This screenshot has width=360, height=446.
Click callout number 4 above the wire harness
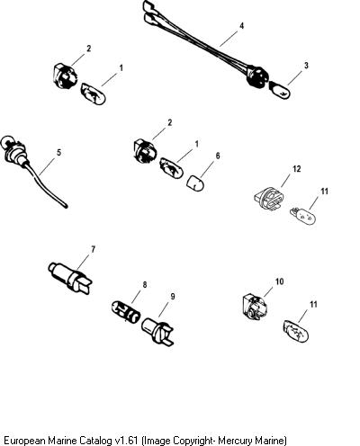[241, 26]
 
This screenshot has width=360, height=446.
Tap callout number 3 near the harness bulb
[306, 65]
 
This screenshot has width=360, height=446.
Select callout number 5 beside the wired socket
[58, 152]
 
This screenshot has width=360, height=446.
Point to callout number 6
[218, 156]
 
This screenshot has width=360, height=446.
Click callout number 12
[296, 169]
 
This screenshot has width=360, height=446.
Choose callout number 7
[93, 249]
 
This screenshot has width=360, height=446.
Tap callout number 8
[145, 284]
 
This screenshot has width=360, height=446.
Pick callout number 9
[173, 296]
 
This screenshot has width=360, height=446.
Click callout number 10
[279, 281]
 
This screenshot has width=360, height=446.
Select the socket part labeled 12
[269, 198]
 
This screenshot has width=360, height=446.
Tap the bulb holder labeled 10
[255, 308]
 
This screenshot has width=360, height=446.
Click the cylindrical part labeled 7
[71, 276]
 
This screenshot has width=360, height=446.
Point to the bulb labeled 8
[126, 312]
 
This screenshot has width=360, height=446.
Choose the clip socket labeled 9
[157, 332]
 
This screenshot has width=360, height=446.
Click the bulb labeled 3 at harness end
[280, 91]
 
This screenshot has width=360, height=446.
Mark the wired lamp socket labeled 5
[33, 169]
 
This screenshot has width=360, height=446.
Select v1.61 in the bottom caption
[126, 440]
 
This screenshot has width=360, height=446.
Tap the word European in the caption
[25, 441]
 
